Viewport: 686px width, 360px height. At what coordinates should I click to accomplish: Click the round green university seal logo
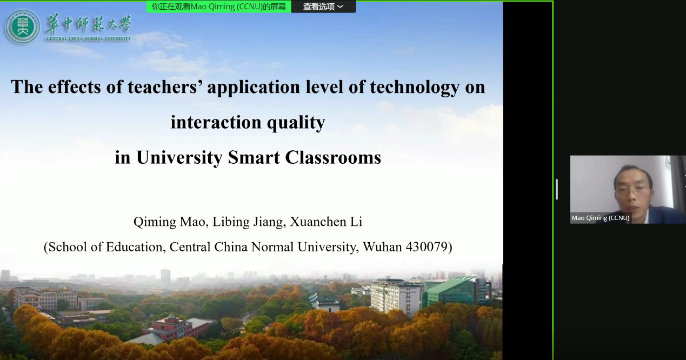pyautogui.click(x=22, y=27)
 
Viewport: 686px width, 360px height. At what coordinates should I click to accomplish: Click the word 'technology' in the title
pyautogui.click(x=415, y=88)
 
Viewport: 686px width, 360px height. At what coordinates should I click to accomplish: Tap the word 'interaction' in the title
pyautogui.click(x=216, y=122)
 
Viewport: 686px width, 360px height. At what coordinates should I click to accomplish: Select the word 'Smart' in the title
pyautogui.click(x=254, y=158)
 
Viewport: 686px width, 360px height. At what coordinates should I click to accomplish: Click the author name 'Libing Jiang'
pyautogui.click(x=248, y=222)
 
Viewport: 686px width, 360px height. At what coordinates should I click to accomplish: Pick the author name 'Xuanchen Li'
pyautogui.click(x=326, y=222)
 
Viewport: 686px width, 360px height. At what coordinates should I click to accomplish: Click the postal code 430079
pyautogui.click(x=427, y=247)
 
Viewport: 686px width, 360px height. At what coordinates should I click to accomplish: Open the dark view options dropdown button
pyautogui.click(x=323, y=6)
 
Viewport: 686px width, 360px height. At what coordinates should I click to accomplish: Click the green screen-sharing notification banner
pyautogui.click(x=218, y=6)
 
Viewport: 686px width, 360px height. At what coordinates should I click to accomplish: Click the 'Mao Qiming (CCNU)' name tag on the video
pyautogui.click(x=601, y=218)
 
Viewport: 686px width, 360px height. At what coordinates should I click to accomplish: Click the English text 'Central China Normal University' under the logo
pyautogui.click(x=89, y=38)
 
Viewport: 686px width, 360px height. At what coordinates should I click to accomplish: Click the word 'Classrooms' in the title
pyautogui.click(x=333, y=158)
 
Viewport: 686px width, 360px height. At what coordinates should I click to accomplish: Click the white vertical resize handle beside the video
pyautogui.click(x=556, y=189)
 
